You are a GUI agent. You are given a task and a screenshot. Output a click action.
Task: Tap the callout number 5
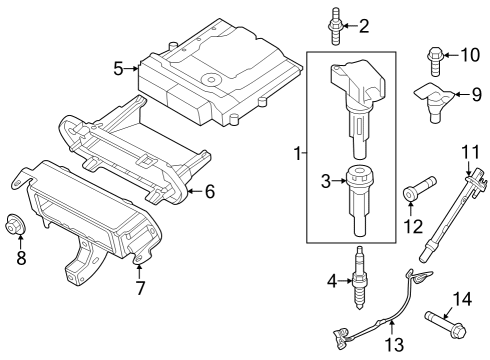click(118, 69)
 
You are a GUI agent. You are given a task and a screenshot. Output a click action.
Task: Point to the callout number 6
click(210, 190)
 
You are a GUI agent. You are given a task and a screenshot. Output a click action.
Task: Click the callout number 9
click(476, 95)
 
